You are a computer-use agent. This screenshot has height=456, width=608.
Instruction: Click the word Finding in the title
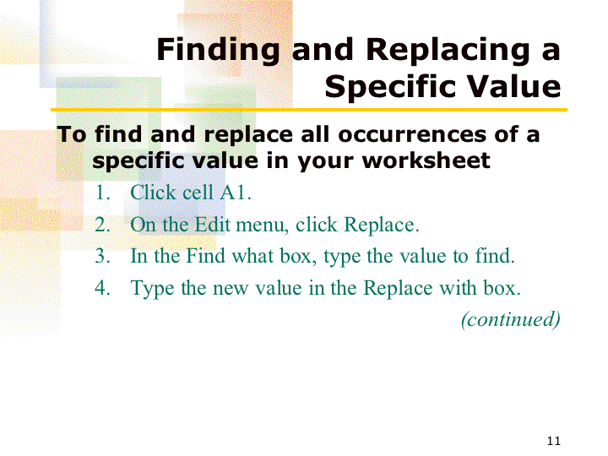(218, 51)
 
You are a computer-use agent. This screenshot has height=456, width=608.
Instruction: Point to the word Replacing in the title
(448, 51)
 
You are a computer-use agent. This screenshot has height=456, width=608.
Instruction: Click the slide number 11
(554, 441)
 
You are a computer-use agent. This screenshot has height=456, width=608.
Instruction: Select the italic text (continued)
(511, 319)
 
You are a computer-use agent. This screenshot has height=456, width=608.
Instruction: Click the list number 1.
(102, 193)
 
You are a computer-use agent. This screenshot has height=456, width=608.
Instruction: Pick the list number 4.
(102, 288)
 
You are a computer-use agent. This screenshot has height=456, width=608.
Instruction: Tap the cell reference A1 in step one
(235, 193)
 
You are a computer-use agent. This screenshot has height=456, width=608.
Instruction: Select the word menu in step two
(262, 225)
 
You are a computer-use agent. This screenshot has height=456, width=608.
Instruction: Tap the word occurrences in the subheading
(412, 135)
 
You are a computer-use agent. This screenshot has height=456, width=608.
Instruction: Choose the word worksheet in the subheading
(426, 160)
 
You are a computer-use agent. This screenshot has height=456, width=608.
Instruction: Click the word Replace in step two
(382, 225)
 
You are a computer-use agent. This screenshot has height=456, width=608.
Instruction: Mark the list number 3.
(102, 257)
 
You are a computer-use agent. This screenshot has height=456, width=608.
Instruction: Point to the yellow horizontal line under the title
(309, 110)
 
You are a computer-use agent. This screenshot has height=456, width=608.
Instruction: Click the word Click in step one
(152, 193)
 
